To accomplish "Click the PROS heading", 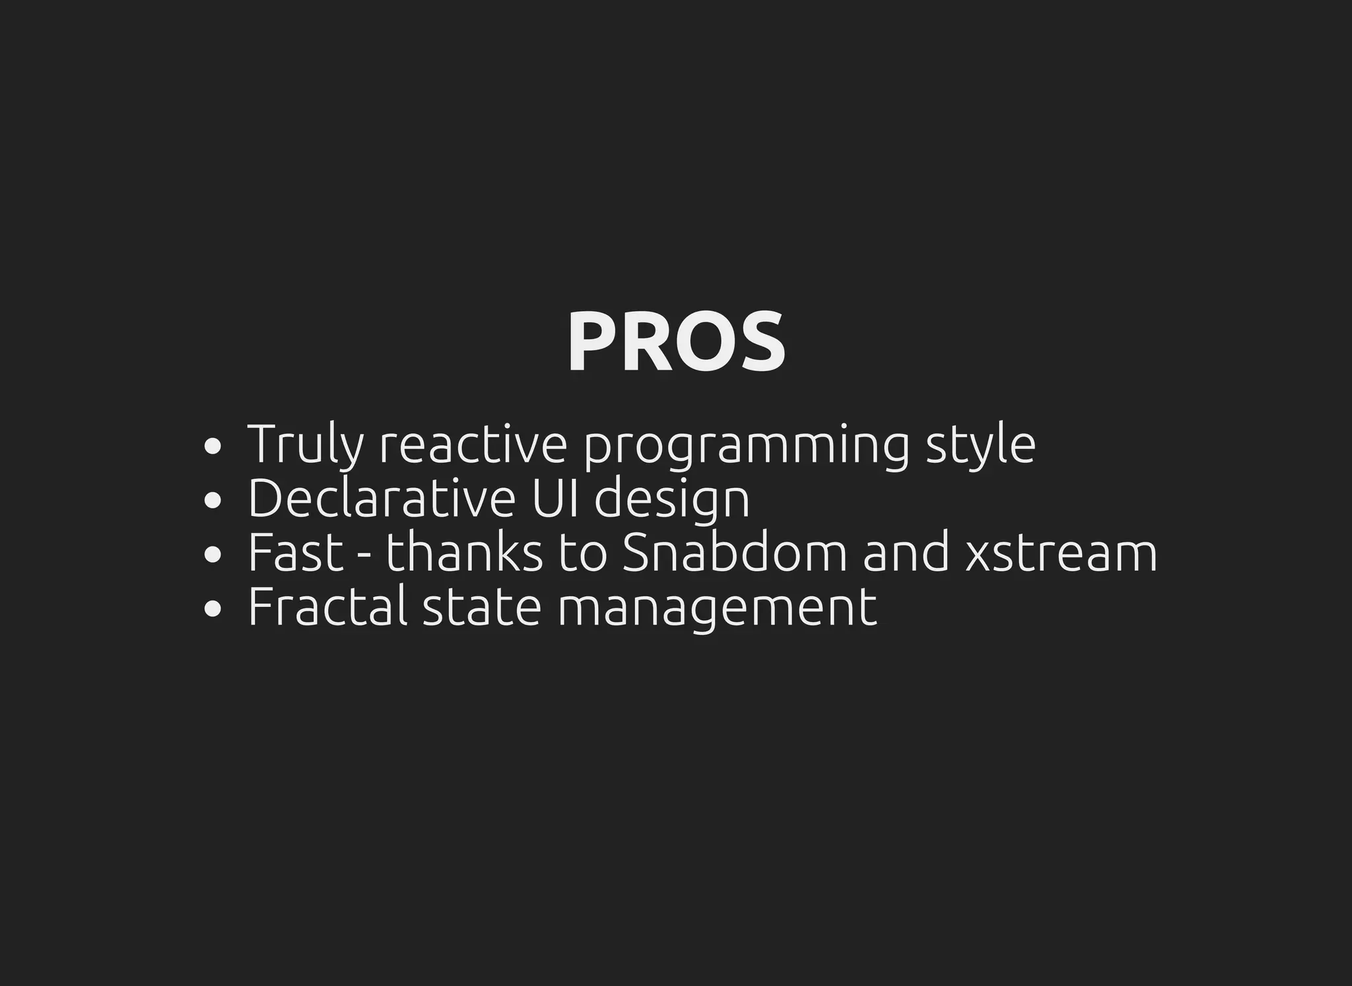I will coord(676,342).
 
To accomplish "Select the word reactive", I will coord(473,445).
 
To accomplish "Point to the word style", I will coord(980,445).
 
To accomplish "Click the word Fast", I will coord(296,553).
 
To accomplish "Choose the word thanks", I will coord(464,553).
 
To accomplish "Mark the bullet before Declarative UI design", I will coord(212,501).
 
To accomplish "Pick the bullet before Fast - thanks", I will coord(212,555).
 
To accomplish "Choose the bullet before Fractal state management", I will coord(212,609).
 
